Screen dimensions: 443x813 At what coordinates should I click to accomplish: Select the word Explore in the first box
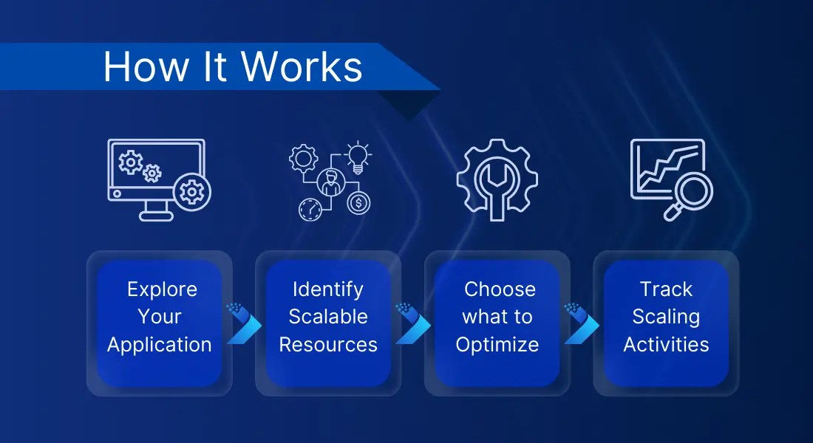[x=162, y=289]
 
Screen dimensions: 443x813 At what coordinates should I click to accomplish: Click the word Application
[x=160, y=345]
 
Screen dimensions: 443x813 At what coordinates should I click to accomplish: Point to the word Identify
[x=328, y=289]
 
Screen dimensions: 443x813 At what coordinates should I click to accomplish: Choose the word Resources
[x=328, y=345]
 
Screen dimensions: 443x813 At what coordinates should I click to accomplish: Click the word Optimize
[x=497, y=345]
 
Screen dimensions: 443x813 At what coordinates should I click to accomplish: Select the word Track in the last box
[x=666, y=289]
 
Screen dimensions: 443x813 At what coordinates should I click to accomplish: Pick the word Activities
[x=666, y=345]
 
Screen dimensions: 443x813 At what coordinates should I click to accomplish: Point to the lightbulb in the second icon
[x=358, y=157]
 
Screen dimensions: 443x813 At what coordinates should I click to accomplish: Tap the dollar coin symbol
[x=358, y=202]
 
